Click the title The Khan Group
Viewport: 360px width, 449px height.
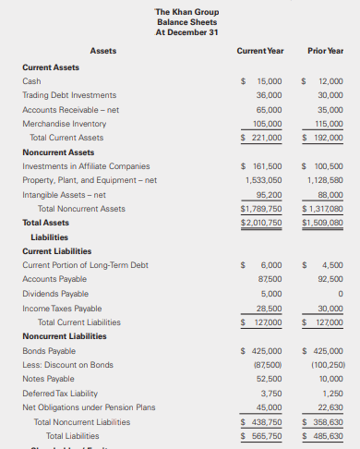coord(180,11)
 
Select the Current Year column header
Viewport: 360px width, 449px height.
coord(260,50)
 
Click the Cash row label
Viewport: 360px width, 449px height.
coord(31,81)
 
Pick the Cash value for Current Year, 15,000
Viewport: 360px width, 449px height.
coord(269,81)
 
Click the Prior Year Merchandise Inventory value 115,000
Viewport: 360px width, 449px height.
coord(327,124)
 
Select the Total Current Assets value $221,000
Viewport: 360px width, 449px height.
coord(261,138)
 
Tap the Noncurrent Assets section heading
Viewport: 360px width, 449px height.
coord(58,152)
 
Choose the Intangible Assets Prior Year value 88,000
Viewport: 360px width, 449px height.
coord(329,195)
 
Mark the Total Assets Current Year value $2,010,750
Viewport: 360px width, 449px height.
coord(261,223)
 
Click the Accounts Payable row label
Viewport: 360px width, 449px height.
coord(53,279)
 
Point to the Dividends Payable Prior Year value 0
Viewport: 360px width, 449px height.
coord(341,294)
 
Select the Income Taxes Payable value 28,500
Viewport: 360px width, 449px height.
coord(269,308)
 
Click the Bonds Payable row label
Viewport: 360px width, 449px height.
coord(48,351)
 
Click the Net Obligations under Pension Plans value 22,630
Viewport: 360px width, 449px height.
coord(329,407)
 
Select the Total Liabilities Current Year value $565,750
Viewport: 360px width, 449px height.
coord(262,435)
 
